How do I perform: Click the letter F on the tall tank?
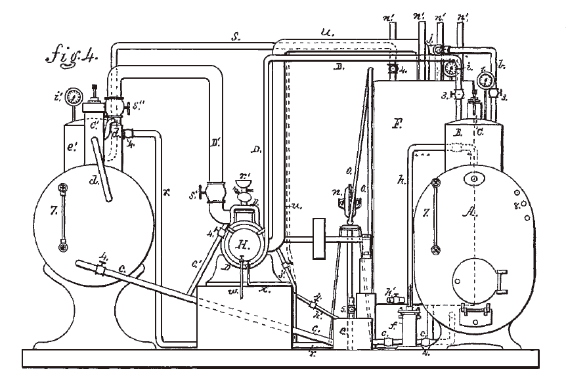pos(396,121)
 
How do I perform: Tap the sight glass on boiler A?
pos(435,217)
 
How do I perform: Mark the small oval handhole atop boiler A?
pos(474,178)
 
